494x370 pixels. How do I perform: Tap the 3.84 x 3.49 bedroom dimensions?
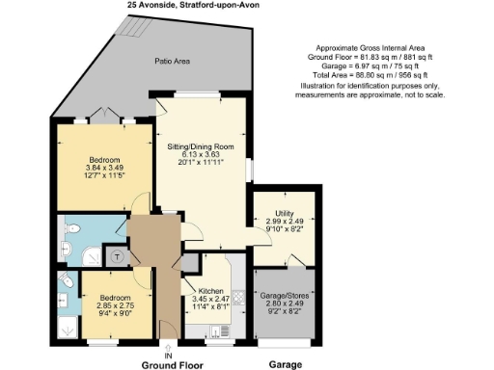[97, 165]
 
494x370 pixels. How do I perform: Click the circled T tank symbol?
[119, 256]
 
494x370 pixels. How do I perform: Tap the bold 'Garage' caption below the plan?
[284, 364]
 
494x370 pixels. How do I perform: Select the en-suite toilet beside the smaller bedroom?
[65, 281]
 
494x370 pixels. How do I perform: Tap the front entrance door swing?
[172, 323]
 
